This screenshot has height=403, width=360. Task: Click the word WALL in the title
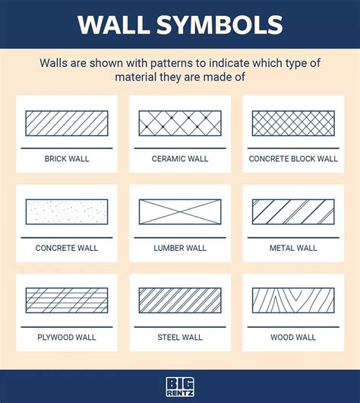click(120, 24)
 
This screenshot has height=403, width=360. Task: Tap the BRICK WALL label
click(67, 159)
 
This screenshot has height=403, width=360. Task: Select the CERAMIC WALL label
click(180, 159)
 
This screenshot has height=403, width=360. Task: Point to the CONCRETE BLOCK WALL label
click(293, 159)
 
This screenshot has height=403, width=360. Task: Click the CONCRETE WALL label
click(67, 248)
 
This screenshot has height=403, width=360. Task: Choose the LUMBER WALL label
click(180, 248)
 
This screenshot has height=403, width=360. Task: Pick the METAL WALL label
click(293, 248)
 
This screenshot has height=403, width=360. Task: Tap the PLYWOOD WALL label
click(67, 337)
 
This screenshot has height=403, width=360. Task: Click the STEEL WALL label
click(180, 337)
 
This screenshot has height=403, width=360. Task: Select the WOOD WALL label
click(293, 337)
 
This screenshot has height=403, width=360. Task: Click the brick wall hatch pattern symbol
click(67, 123)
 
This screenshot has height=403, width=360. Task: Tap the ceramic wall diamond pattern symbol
click(180, 123)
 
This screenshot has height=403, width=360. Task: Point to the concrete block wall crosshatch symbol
click(293, 123)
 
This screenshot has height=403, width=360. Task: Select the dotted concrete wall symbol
click(67, 211)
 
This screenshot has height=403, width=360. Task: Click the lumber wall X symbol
click(180, 211)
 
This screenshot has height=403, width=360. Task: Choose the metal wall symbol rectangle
click(293, 211)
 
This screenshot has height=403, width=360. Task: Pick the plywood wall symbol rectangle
click(67, 300)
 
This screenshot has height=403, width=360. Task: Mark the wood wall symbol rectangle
click(293, 300)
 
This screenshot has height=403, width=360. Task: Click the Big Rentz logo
click(180, 387)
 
